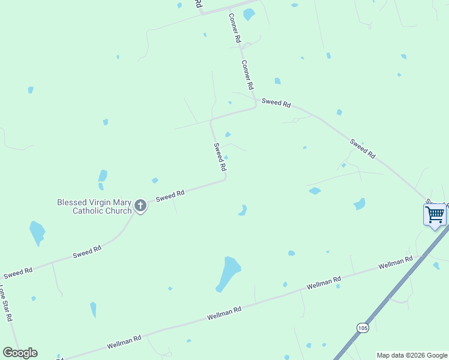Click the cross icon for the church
pyautogui.click(x=140, y=206)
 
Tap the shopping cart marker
pyautogui.click(x=435, y=215)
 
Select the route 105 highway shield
pyautogui.click(x=362, y=328)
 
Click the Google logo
pyautogui.click(x=20, y=353)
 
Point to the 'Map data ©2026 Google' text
pyautogui.click(x=412, y=355)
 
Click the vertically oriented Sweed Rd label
pyautogui.click(x=219, y=156)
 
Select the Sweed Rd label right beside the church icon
pyautogui.click(x=170, y=195)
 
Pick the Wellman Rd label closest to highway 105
pyautogui.click(x=396, y=263)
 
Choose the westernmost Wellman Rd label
pyautogui.click(x=124, y=342)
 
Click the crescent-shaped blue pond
pyautogui.click(x=243, y=210)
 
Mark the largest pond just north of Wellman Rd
pyautogui.click(x=229, y=272)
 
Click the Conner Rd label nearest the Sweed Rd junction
pyautogui.click(x=248, y=74)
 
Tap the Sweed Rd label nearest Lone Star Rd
pyautogui.click(x=17, y=272)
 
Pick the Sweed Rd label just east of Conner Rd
pyautogui.click(x=276, y=103)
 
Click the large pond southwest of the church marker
pyautogui.click(x=37, y=232)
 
